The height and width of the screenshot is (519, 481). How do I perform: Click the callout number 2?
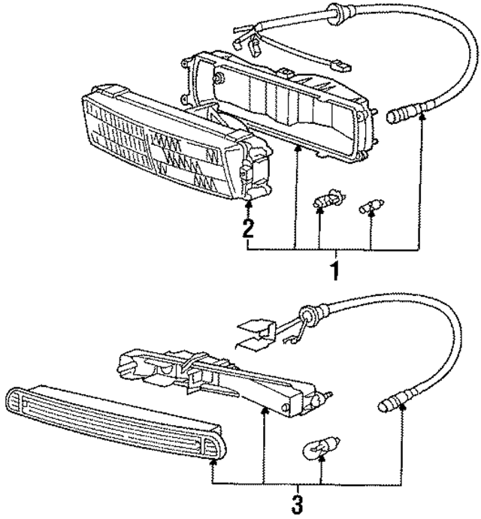(248, 228)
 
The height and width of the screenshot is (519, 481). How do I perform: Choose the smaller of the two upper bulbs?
(370, 204)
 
